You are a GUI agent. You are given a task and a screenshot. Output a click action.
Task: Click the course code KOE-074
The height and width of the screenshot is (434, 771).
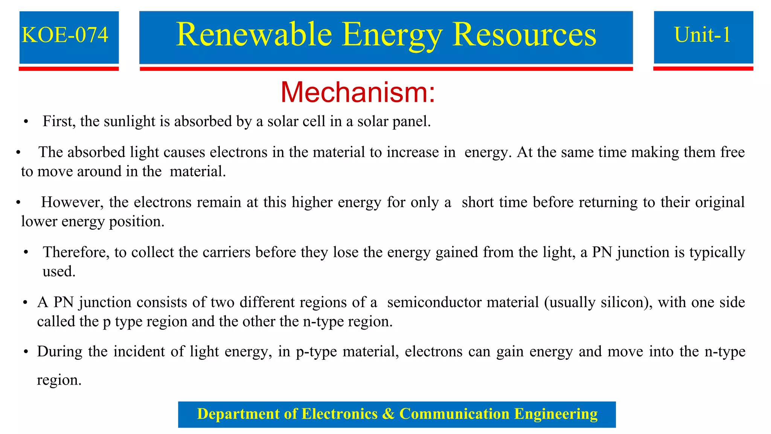pos(65,35)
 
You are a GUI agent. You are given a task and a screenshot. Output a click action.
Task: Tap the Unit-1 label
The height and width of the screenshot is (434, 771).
pos(702,35)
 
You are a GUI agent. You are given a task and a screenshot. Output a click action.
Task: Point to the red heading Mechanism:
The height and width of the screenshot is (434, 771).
pos(358,92)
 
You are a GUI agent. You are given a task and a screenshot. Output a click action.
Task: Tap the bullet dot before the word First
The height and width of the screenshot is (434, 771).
pos(26,122)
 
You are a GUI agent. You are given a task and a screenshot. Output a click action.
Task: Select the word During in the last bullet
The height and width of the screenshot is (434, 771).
pos(59,351)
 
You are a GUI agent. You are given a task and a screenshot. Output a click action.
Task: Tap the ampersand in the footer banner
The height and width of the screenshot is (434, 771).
pos(388,414)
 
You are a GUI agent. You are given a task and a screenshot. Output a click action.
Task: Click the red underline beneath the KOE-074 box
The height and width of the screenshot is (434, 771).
pos(69,69)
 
